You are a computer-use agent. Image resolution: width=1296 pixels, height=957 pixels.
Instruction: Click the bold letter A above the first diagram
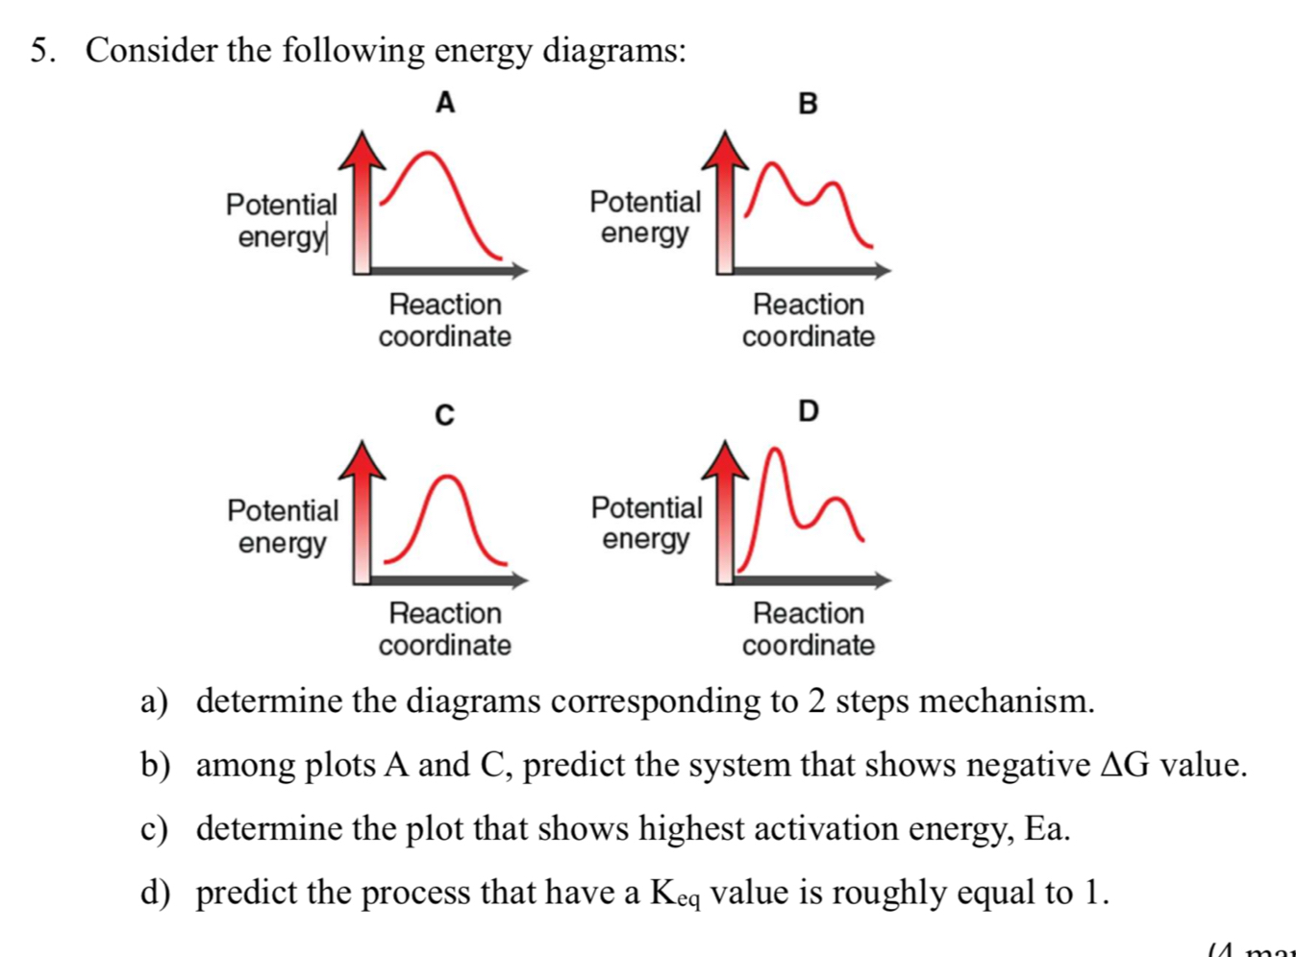(444, 102)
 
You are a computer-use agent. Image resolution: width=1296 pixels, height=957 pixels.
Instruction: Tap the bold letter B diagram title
(808, 103)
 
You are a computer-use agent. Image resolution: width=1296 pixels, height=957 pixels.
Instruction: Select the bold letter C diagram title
(443, 415)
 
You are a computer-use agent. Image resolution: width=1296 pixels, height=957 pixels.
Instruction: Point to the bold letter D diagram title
(808, 411)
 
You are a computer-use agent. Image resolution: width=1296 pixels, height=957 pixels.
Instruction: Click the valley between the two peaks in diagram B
(806, 202)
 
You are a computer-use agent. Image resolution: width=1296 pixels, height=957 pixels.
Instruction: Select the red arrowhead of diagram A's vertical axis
(361, 150)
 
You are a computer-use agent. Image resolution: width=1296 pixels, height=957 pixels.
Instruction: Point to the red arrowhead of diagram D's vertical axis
(726, 460)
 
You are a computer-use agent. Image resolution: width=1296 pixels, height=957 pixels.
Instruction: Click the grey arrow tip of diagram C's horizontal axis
(521, 579)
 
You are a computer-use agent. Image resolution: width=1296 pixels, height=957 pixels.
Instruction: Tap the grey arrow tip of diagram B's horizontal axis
(885, 271)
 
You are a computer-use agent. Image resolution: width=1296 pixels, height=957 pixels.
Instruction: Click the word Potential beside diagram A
(282, 204)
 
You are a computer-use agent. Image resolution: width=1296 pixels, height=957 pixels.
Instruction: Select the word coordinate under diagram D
(808, 645)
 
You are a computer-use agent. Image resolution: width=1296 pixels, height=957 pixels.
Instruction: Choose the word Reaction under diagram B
(808, 304)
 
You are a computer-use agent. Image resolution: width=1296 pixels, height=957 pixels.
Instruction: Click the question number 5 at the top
(39, 50)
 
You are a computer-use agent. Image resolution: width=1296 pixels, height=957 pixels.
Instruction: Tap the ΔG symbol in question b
(1124, 765)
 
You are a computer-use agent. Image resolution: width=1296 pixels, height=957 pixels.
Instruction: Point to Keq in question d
(675, 894)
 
